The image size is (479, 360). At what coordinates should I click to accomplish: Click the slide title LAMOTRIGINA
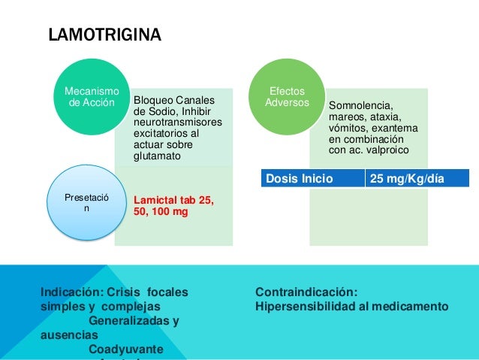(x=104, y=35)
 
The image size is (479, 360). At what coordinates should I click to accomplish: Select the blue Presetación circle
(x=85, y=202)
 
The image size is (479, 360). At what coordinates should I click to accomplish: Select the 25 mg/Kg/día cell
(x=416, y=178)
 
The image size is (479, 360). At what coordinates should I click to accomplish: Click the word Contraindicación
(x=306, y=292)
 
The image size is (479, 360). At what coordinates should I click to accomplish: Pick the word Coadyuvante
(x=125, y=349)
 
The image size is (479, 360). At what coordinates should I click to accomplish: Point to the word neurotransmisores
(x=178, y=122)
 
